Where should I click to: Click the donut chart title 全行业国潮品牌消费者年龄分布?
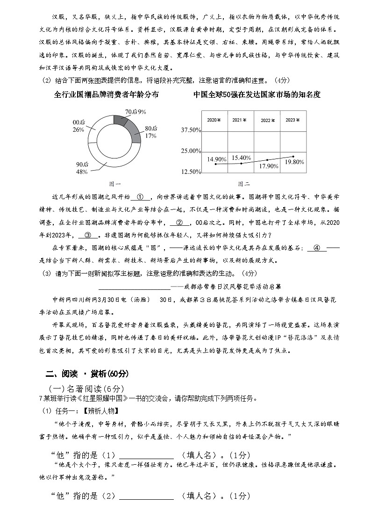107,95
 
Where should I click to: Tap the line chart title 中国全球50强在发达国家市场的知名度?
257,95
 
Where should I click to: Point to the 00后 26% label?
78,126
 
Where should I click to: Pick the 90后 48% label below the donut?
82,168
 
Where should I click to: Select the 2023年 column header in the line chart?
293,120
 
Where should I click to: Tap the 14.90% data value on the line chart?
217,159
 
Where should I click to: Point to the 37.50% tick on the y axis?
191,129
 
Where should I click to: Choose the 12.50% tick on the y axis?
191,172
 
